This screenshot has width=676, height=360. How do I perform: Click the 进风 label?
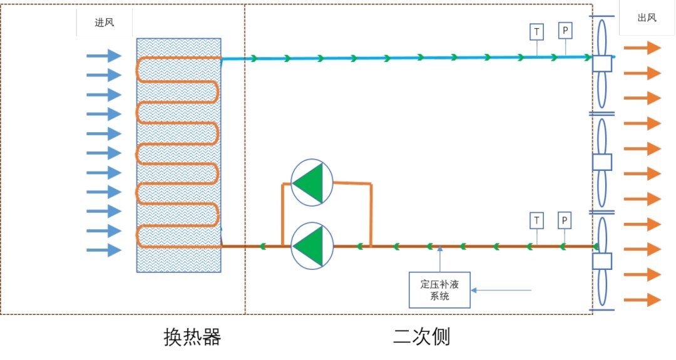click(x=96, y=23)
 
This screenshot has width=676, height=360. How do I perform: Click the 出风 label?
click(x=647, y=18)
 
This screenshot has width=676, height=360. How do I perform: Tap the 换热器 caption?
click(x=192, y=337)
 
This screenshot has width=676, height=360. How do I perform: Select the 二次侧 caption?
click(x=421, y=337)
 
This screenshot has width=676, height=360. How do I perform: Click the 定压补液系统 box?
click(x=439, y=290)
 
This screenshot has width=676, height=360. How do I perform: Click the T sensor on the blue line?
click(x=536, y=31)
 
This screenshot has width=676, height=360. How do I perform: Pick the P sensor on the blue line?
click(x=565, y=30)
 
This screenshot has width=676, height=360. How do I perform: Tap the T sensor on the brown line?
click(x=536, y=220)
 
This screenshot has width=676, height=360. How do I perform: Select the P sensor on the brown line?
click(x=564, y=220)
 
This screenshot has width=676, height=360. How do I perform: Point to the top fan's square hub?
click(x=602, y=64)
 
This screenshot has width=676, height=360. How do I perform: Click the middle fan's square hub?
click(x=602, y=162)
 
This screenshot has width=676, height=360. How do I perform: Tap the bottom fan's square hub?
click(x=602, y=262)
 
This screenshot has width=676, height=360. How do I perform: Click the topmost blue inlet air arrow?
click(x=103, y=56)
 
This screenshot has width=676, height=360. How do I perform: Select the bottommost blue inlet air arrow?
click(x=103, y=250)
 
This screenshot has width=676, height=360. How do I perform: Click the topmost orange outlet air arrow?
click(x=642, y=48)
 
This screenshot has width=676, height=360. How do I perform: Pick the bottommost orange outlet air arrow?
click(x=642, y=299)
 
